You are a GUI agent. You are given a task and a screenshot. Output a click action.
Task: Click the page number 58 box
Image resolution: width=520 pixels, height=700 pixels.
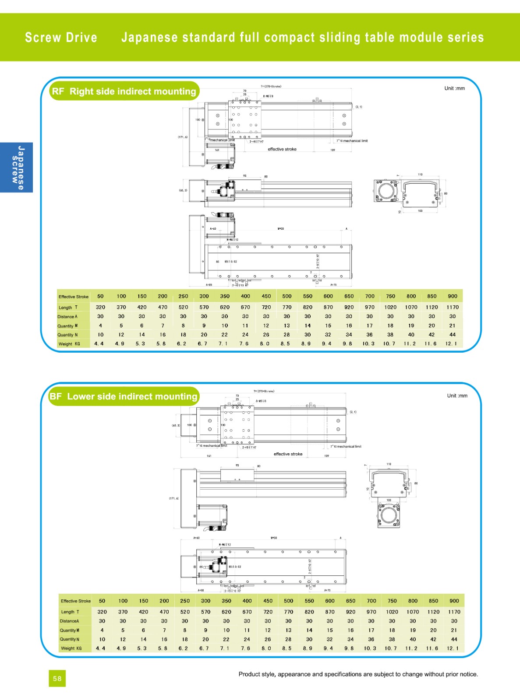(x=57, y=679)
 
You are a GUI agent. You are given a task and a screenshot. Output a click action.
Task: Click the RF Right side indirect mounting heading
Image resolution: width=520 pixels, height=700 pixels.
(x=124, y=91)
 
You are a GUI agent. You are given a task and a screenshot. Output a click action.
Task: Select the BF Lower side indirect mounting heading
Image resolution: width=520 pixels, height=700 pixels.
(x=124, y=396)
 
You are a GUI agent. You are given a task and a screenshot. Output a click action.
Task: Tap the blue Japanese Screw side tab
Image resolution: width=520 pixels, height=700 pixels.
(x=17, y=168)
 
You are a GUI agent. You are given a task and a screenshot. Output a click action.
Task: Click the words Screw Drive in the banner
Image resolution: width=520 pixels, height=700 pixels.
(x=61, y=38)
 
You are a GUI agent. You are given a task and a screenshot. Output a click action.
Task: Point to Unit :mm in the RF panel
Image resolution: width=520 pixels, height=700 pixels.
(x=454, y=88)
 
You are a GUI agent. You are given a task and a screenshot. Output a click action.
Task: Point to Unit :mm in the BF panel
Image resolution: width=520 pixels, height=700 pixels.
(x=457, y=395)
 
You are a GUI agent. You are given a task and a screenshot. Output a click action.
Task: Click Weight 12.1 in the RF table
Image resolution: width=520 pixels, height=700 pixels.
(x=452, y=344)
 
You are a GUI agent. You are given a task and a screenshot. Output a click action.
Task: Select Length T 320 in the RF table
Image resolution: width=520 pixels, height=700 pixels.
(x=100, y=307)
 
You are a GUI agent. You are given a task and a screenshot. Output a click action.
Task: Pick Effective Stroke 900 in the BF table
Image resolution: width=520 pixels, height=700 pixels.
(x=454, y=601)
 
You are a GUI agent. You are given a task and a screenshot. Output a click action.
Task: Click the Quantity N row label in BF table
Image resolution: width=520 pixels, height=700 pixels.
(x=70, y=639)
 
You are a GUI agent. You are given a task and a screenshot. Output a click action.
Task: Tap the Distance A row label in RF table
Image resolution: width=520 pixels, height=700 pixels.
(x=67, y=316)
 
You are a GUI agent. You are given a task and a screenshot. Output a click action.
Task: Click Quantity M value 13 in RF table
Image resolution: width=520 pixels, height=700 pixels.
(x=287, y=325)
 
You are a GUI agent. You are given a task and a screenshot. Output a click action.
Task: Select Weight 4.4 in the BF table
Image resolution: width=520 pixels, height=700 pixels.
(x=100, y=648)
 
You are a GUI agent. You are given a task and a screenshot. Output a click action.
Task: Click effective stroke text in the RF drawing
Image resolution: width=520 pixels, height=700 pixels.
(x=282, y=149)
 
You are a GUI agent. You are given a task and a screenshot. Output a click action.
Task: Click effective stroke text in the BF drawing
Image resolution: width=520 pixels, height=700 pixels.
(x=288, y=454)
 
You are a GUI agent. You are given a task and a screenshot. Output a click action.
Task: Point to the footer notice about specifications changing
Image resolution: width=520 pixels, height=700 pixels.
(x=358, y=674)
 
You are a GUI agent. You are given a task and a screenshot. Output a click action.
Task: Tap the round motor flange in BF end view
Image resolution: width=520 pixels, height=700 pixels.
(x=389, y=515)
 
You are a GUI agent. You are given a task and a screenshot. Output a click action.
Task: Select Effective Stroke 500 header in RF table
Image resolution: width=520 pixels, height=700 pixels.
(x=287, y=296)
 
